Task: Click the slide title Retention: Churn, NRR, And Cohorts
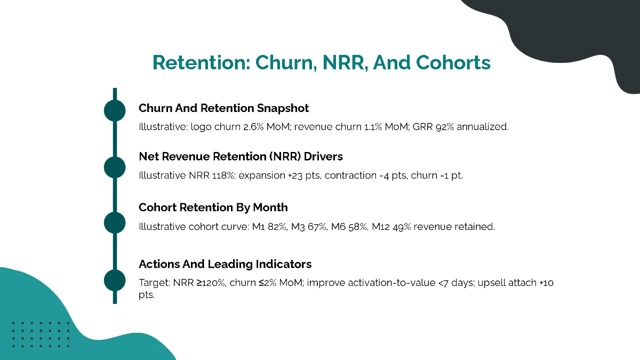321,63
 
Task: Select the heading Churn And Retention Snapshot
223,108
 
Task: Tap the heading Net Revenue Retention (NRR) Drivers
241,157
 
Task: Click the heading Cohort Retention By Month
213,207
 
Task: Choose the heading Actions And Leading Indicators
225,264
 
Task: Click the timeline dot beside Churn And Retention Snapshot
115,110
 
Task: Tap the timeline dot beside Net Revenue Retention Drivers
115,167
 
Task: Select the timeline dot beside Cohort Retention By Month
115,222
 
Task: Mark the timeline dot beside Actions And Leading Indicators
115,280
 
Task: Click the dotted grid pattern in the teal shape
41,334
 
